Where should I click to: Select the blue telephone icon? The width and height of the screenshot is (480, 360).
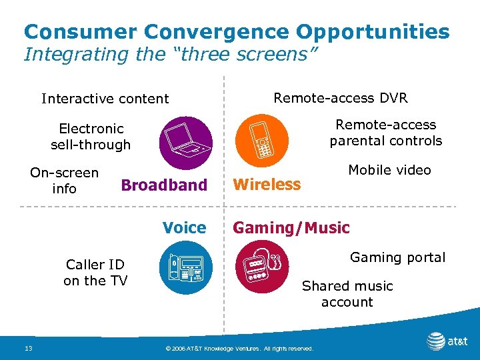point(186,269)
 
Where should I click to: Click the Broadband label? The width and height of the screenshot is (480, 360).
point(164,185)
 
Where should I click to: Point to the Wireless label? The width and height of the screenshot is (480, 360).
point(267,185)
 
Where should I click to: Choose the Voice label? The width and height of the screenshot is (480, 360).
point(184,228)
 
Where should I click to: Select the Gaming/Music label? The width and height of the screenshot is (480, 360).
point(291,228)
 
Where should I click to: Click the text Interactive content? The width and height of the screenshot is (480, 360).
point(105,99)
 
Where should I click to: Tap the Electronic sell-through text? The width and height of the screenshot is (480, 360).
point(91,136)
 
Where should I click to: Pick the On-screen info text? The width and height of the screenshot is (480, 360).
point(64,181)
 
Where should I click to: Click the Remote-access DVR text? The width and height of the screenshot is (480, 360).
point(341,98)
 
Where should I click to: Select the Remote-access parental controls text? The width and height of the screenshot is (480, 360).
point(385,133)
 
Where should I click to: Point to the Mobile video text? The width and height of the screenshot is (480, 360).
point(390,170)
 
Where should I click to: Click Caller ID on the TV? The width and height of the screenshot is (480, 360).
point(95,273)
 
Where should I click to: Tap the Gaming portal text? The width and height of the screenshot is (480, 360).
point(397,257)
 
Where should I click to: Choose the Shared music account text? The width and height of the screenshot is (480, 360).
point(347,294)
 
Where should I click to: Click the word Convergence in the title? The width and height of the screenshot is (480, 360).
point(225,31)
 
